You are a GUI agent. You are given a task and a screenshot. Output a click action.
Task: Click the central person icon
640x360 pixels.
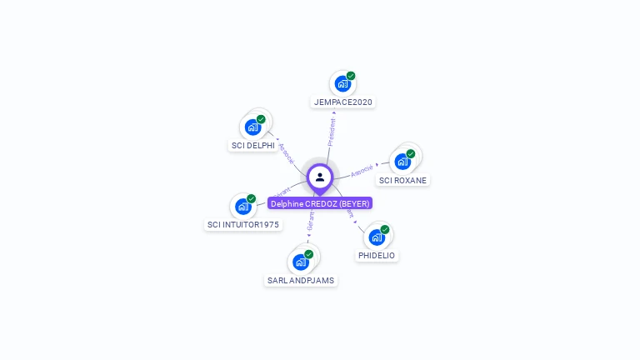320,177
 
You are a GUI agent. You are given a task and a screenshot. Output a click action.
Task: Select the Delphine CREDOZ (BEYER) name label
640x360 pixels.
320,203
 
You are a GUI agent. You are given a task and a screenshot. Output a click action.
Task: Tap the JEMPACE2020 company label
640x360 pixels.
343,102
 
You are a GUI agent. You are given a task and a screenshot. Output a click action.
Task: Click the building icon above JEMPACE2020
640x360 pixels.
342,83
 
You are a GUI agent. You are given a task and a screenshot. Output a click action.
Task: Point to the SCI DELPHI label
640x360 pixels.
252,146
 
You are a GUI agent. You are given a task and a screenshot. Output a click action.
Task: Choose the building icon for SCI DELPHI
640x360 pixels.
252,127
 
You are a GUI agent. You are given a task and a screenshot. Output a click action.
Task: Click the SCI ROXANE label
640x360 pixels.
403,180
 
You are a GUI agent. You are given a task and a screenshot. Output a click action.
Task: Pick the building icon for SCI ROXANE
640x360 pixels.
402,161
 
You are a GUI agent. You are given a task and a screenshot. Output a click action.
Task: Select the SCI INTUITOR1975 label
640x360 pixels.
243,225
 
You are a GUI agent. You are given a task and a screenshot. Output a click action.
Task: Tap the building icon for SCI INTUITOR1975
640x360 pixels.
242,206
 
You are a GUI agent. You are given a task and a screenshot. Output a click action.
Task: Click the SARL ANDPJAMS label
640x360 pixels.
301,281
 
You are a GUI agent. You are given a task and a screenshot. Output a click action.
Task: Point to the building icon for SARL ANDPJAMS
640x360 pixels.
300,262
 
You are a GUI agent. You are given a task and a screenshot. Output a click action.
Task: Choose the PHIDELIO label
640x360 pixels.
377,256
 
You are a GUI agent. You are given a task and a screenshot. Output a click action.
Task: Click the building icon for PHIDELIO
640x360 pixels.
377,237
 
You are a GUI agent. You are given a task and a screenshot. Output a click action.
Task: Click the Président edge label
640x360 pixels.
332,132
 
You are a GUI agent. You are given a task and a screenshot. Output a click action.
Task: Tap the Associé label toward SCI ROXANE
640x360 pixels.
362,171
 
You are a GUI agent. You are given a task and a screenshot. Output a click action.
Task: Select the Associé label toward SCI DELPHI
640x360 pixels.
287,152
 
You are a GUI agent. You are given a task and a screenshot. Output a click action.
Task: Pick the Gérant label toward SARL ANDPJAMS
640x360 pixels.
310,221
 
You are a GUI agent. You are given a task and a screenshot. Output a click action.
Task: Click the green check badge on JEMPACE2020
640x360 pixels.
351,76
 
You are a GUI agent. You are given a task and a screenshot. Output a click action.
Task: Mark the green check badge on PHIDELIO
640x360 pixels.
385,230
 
